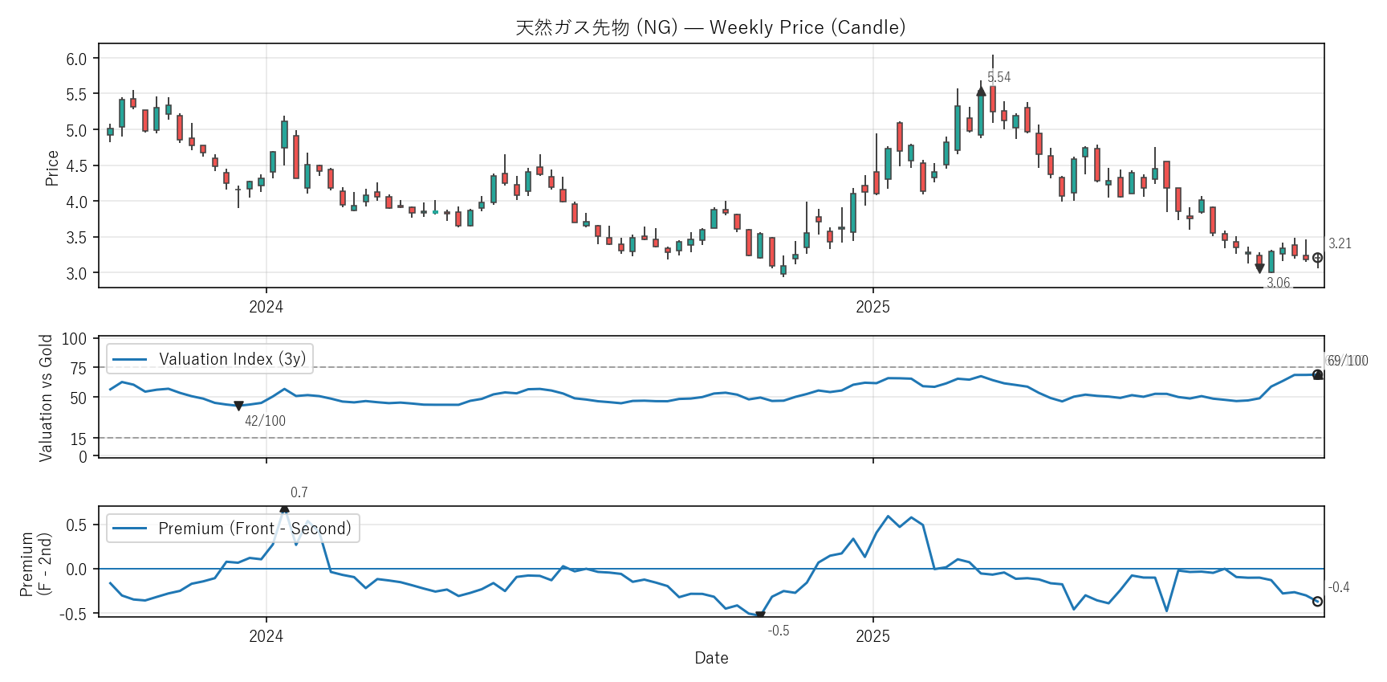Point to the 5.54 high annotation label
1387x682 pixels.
[999, 77]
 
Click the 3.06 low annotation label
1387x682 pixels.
[1278, 283]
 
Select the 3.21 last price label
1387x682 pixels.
[1340, 243]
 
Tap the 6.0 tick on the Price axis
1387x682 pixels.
[76, 59]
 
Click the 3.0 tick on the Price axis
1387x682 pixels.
[76, 273]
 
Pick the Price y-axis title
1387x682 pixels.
[52, 168]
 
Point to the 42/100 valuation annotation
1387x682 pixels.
[265, 421]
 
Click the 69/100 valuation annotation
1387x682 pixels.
[1347, 361]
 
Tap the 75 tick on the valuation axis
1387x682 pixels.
[78, 368]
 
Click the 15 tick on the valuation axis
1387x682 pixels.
[78, 439]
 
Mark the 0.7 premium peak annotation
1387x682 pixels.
[299, 492]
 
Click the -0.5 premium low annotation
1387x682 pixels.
[778, 631]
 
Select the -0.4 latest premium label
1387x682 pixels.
[1338, 587]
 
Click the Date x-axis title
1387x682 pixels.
[711, 658]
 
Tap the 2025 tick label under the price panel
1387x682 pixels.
[872, 307]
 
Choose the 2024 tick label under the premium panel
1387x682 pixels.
[266, 636]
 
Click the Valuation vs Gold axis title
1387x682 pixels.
[46, 398]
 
